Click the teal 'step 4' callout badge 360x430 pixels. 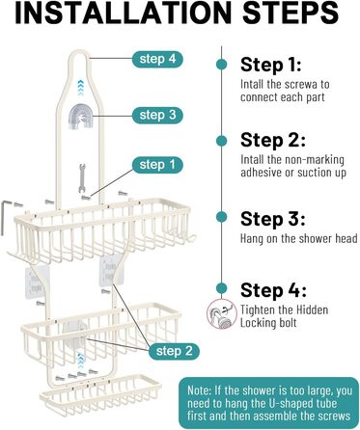(157, 59)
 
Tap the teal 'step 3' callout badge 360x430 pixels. (157, 115)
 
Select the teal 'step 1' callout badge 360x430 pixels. (157, 165)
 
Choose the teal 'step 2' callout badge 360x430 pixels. (174, 351)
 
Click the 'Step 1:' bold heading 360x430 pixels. (271, 65)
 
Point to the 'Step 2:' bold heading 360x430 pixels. (273, 141)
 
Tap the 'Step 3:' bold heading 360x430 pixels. (273, 219)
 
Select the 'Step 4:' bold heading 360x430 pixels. (273, 290)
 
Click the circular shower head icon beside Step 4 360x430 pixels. (221, 313)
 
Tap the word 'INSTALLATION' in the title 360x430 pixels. (124, 13)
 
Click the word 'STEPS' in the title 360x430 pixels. (291, 13)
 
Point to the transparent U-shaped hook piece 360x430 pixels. (77, 117)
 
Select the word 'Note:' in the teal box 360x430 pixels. (200, 390)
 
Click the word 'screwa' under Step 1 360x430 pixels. (302, 85)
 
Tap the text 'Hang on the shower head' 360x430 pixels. (299, 239)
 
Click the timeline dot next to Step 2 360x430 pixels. (221, 141)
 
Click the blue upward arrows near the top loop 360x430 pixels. (80, 88)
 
